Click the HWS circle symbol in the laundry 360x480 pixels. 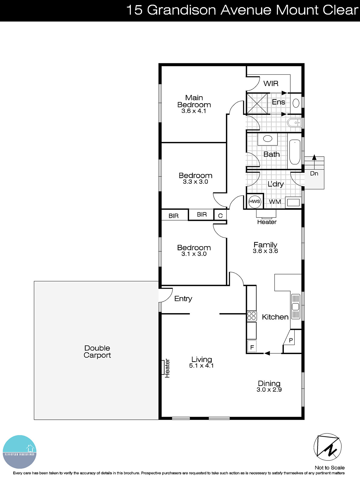coord(255,201)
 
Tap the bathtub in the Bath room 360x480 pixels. coord(295,152)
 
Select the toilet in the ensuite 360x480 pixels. coord(294,123)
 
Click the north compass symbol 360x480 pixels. coord(328,447)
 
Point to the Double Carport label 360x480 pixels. coord(97,352)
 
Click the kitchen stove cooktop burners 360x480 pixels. coord(251,316)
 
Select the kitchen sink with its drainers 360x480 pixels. coord(295,307)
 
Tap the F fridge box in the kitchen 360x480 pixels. coord(252,347)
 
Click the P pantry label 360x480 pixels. coord(291,340)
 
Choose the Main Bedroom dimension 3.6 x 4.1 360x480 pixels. coord(194,111)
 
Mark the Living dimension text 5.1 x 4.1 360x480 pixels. coord(201,366)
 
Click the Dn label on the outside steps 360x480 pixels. coord(314,173)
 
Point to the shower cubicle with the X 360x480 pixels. coord(257,103)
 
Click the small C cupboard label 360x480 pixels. coord(220,216)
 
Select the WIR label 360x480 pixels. coord(271,83)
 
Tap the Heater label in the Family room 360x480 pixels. coord(267,222)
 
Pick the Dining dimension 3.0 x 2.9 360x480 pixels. coord(269,390)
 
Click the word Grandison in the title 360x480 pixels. coord(181,10)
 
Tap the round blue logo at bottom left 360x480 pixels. coord(20,452)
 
